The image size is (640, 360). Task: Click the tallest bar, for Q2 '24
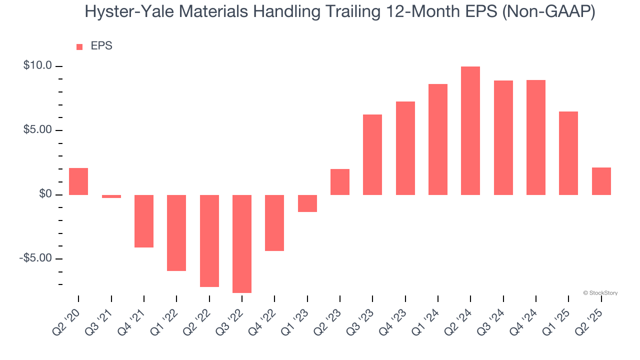tap(470, 130)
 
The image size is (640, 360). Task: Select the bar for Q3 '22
tap(242, 243)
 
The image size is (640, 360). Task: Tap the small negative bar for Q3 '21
tap(111, 196)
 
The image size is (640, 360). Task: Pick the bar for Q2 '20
tap(78, 181)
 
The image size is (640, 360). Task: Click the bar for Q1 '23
tap(307, 203)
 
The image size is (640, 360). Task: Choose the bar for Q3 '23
tap(372, 154)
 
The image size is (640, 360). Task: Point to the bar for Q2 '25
tap(601, 181)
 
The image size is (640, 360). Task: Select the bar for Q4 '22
tap(274, 222)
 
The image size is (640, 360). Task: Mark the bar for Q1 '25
tap(568, 153)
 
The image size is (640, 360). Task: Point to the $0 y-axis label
tap(45, 194)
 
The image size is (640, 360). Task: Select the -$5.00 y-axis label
tap(35, 258)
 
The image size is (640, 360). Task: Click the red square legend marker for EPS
tap(79, 46)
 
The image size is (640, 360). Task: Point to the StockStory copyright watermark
tap(600, 293)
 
